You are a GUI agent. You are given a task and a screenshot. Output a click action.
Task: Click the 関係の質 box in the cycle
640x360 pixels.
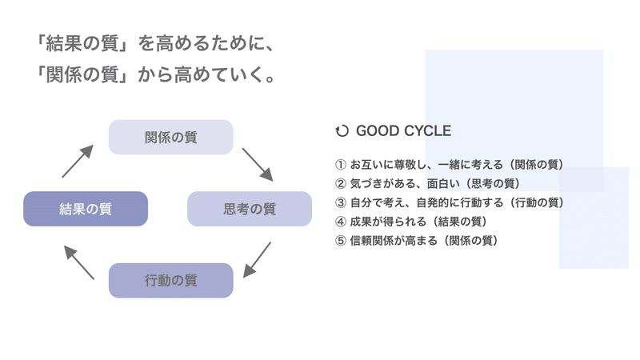tap(170, 137)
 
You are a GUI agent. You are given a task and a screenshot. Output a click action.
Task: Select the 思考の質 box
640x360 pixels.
tap(250, 209)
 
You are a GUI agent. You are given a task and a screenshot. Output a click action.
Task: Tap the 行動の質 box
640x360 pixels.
tap(170, 281)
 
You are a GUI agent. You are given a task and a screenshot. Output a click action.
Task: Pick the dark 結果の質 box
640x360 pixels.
tap(86, 209)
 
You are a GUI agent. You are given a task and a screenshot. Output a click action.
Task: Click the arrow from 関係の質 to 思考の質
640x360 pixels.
tap(258, 165)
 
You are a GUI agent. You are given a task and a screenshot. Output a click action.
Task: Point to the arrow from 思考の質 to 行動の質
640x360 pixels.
tap(257, 260)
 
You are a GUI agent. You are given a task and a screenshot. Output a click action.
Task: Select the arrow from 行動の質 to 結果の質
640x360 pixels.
tap(78, 262)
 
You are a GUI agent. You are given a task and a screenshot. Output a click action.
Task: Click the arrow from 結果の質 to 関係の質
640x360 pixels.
tap(78, 162)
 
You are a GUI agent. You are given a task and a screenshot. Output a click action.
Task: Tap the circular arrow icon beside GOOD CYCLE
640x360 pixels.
tap(342, 131)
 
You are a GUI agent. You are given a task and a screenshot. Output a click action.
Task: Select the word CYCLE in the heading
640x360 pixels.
tap(427, 131)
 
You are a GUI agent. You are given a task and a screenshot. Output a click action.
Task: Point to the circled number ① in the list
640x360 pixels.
tap(341, 165)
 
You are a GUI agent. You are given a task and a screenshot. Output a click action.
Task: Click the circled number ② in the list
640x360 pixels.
tap(341, 184)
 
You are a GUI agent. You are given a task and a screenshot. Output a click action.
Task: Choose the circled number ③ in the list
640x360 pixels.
tap(341, 202)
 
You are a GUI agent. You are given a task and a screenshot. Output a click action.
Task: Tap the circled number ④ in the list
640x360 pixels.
tap(341, 222)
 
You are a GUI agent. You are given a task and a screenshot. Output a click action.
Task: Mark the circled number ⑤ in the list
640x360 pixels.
tap(341, 241)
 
